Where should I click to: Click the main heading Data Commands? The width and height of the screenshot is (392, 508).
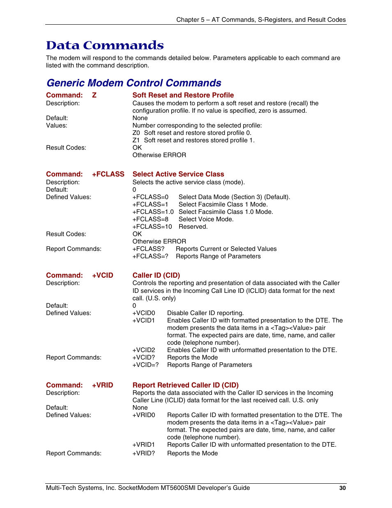click(105, 45)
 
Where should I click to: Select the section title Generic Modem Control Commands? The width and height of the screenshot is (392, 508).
click(134, 83)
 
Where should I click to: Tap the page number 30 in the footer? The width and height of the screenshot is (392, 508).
click(342, 488)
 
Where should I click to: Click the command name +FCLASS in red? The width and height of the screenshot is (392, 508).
click(108, 174)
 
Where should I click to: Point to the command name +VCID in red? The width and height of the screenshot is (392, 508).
click(102, 275)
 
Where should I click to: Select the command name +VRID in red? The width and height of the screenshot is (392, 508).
click(102, 385)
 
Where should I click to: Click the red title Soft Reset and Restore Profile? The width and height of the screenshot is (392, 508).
click(183, 95)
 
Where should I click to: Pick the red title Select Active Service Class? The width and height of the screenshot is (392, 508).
click(178, 174)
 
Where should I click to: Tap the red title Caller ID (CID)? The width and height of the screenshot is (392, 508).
click(156, 275)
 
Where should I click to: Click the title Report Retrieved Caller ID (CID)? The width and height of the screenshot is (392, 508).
click(185, 385)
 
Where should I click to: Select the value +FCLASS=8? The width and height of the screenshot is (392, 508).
click(150, 219)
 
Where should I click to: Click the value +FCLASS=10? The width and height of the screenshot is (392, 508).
click(152, 227)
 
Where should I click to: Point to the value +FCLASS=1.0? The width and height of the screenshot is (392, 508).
click(153, 212)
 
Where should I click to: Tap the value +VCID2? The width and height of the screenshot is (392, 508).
click(144, 350)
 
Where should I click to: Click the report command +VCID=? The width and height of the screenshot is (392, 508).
click(145, 365)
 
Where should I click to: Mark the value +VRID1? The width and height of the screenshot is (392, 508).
click(144, 445)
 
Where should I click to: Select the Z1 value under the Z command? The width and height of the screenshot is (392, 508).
click(136, 140)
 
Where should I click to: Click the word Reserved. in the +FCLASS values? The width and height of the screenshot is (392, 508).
click(193, 227)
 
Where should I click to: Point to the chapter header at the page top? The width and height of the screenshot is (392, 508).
click(261, 20)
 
